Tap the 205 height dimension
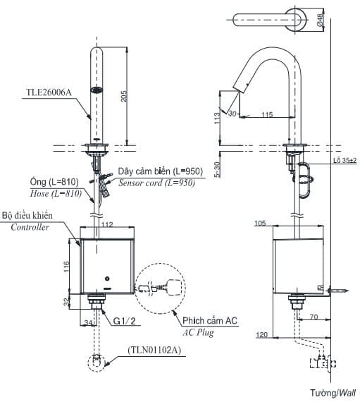(124, 97)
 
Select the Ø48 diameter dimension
(320, 20)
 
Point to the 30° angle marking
(233, 111)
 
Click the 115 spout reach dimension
(266, 114)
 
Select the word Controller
(30, 227)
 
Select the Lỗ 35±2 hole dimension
(345, 162)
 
